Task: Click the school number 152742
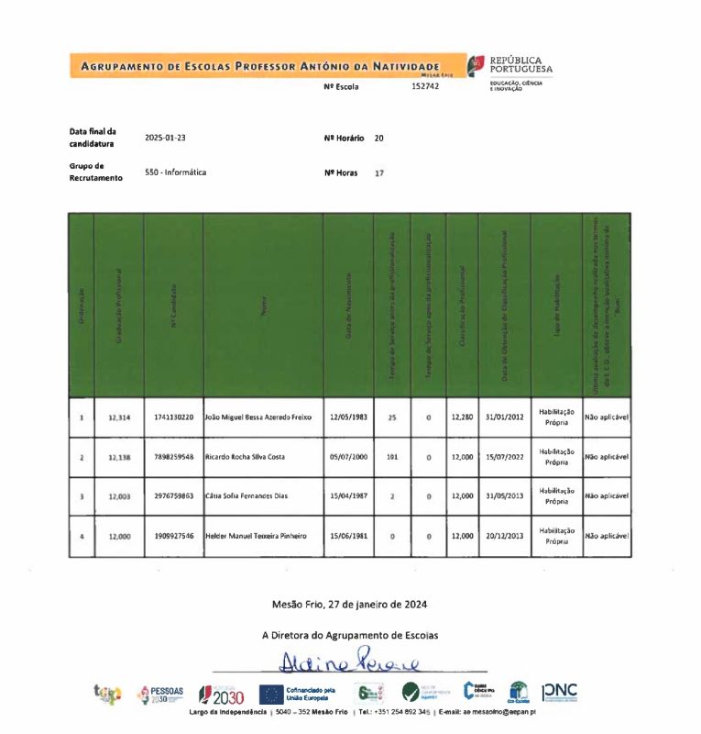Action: pyautogui.click(x=425, y=86)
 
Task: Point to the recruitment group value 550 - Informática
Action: pyautogui.click(x=175, y=172)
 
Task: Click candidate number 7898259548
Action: pyautogui.click(x=174, y=456)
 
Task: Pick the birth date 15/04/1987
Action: pyautogui.click(x=348, y=495)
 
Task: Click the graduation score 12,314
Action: pyautogui.click(x=119, y=417)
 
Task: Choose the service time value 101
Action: pyautogui.click(x=391, y=456)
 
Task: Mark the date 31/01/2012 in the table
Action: pyautogui.click(x=505, y=417)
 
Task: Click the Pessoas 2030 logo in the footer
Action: pyautogui.click(x=160, y=695)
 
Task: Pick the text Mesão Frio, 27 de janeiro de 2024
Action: pyautogui.click(x=349, y=605)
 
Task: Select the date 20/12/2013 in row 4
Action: pyautogui.click(x=505, y=536)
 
